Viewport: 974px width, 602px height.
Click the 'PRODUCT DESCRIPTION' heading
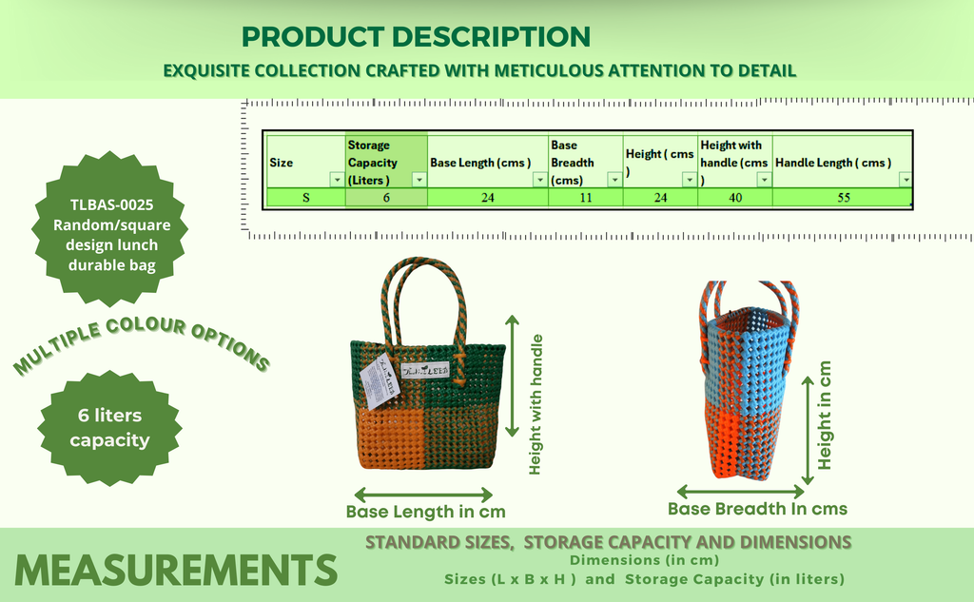click(x=416, y=37)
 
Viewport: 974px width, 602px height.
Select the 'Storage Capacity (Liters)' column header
click(x=386, y=162)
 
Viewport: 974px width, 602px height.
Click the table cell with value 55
click(x=843, y=198)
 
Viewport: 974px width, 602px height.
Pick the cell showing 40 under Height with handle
click(x=735, y=198)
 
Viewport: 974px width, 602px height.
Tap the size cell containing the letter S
click(x=305, y=198)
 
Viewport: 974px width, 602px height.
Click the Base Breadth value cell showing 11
click(x=585, y=198)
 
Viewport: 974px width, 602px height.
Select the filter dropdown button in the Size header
click(x=338, y=180)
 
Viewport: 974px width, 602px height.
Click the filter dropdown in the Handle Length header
click(x=906, y=180)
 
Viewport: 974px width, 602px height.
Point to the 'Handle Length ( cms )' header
click(x=833, y=163)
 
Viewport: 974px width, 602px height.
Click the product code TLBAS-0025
click(x=112, y=205)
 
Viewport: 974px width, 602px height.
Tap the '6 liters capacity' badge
click(x=110, y=427)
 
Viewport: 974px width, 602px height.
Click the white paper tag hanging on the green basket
click(x=379, y=380)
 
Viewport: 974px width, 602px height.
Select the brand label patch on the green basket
click(x=425, y=370)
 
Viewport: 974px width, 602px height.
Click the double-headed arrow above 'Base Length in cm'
click(x=423, y=495)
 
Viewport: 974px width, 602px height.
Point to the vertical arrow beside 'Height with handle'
click(x=512, y=376)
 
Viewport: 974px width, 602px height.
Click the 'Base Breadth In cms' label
click(x=757, y=509)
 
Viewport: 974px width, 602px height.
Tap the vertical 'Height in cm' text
click(x=825, y=416)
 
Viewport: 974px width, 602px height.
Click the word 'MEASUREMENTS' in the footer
click(x=176, y=570)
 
